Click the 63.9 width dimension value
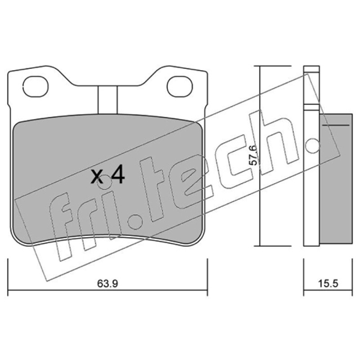point(107,283)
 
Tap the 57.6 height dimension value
point(252,155)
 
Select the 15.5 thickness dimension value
point(328,283)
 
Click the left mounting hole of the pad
point(36,86)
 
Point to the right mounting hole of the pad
point(180,86)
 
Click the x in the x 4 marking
point(96,177)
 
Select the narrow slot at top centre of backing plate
point(108,100)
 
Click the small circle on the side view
point(313,145)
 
